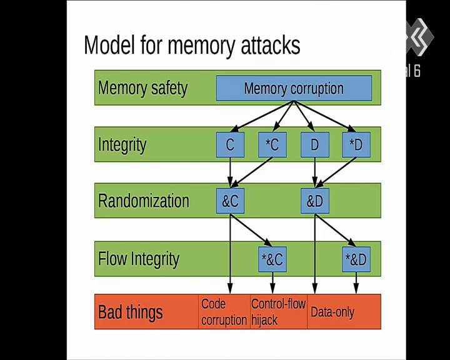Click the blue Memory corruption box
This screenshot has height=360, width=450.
pos(294,88)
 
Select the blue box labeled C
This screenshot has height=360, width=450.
pos(230,145)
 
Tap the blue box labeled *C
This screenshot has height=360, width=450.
pos(272,145)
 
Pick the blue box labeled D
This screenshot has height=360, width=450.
pos(315,145)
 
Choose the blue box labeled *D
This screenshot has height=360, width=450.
pos(356,145)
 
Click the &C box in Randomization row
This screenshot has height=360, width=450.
pos(230,201)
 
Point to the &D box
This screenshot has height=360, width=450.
pos(315,201)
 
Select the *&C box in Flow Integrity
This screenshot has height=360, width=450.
pos(272,259)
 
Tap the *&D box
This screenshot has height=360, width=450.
pos(356,259)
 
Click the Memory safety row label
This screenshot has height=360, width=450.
pos(142,88)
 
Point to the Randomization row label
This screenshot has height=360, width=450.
pos(144,201)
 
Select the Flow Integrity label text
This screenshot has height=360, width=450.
pos(139,259)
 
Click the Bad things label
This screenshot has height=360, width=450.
pos(130,312)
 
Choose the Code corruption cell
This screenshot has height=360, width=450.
pos(224,312)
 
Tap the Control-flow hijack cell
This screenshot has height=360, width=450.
pos(279,312)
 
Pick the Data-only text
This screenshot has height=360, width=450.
pos(332,312)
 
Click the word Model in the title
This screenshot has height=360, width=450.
pos(109,45)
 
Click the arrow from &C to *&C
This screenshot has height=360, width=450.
pos(251,230)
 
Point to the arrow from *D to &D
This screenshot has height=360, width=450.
pos(336,172)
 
